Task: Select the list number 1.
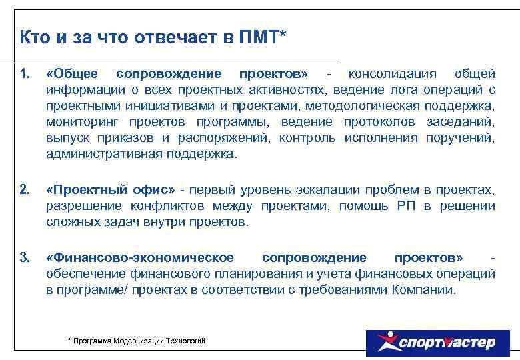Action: click(x=25, y=73)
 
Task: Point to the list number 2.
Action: click(x=25, y=191)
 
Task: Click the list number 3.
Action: click(x=25, y=258)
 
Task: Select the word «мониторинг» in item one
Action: click(x=80, y=122)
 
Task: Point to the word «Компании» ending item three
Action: click(x=427, y=291)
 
